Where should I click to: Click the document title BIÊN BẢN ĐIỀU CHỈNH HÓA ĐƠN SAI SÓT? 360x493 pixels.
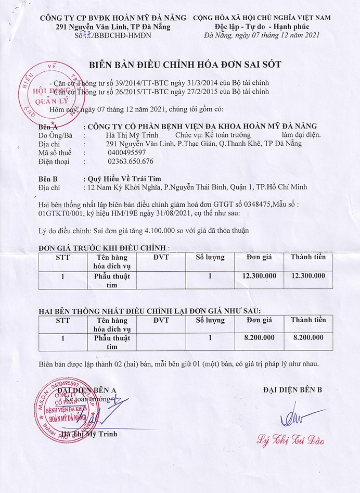coord(185,65)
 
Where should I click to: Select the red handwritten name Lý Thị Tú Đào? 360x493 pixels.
coord(291,440)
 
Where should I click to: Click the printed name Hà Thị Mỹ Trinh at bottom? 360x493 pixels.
coord(89,434)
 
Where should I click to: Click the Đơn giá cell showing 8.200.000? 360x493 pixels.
coord(260,338)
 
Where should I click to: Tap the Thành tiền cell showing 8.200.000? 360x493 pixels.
coord(308,338)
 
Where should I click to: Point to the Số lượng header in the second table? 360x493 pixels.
coord(210,320)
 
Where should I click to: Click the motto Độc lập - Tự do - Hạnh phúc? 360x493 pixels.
coord(262,26)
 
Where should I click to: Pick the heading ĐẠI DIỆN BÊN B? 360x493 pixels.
coord(293,389)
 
